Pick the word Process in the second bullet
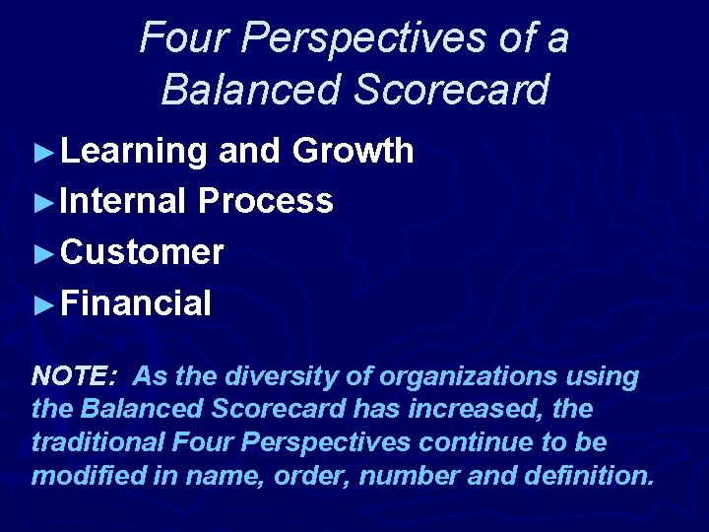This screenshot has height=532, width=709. coord(265,201)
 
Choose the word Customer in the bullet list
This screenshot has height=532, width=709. coord(142,252)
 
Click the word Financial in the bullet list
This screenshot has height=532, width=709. coord(136,302)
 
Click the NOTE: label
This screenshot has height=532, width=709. coord(75,376)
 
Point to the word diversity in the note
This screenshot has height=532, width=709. coord(274,376)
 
